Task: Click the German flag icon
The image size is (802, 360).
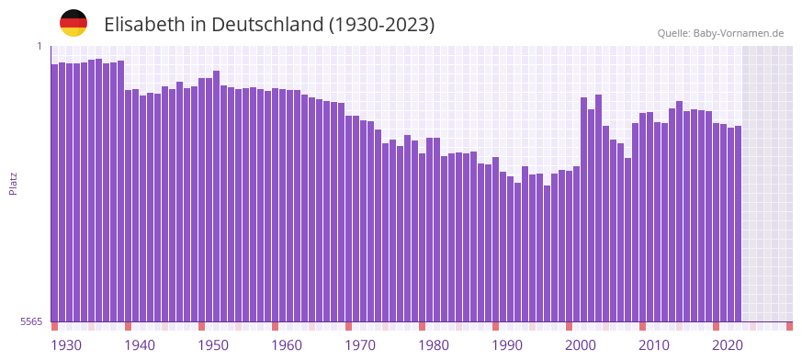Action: point(73,23)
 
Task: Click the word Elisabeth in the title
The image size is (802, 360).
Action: point(144,25)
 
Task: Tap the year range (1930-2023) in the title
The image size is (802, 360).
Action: point(381,25)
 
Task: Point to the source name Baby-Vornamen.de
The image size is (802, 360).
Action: point(740,33)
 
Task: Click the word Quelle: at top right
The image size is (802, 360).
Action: point(674,33)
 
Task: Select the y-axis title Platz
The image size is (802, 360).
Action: point(14,183)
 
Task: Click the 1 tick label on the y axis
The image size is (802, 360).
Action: point(40,46)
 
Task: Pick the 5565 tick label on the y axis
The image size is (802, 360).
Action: point(30,321)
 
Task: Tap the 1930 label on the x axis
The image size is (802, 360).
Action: point(66,345)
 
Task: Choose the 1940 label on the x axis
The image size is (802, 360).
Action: point(140,345)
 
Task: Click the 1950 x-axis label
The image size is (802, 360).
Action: point(213,345)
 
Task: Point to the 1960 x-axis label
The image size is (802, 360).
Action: point(287,345)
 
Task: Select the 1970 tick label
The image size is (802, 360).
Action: point(360,345)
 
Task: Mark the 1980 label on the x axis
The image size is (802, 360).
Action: point(434,345)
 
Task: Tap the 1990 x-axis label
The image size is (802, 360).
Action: point(507,345)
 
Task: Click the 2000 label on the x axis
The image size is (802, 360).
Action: point(581,345)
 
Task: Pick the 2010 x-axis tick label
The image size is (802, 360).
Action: point(654,345)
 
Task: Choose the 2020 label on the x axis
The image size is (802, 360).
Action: point(728,345)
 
